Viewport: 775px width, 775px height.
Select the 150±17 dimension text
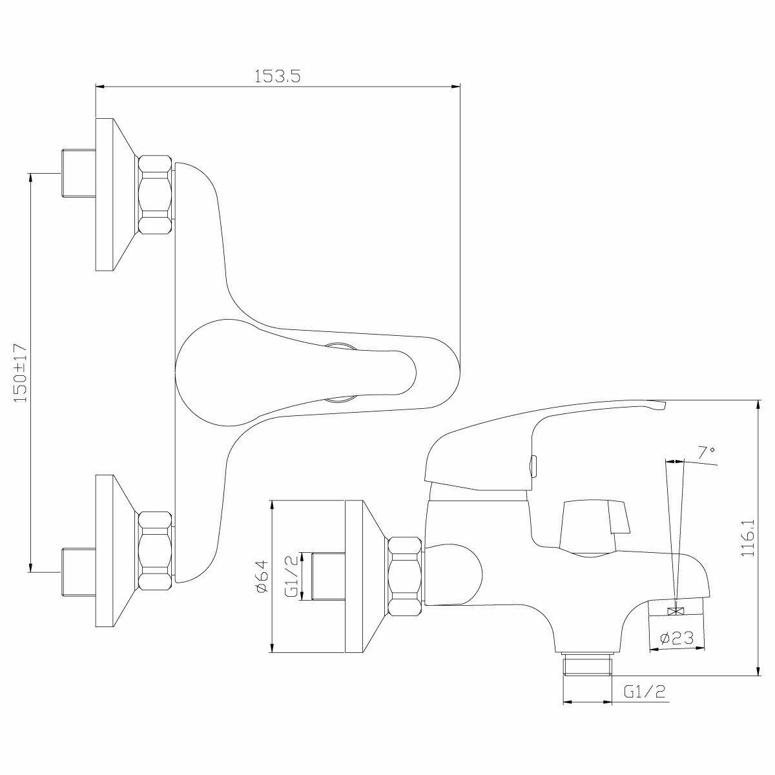click(x=20, y=373)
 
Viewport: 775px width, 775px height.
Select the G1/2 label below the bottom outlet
click(x=645, y=692)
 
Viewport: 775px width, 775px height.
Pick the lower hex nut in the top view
click(x=156, y=550)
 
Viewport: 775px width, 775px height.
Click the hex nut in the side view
click(x=405, y=576)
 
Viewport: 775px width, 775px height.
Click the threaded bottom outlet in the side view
click(x=587, y=665)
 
